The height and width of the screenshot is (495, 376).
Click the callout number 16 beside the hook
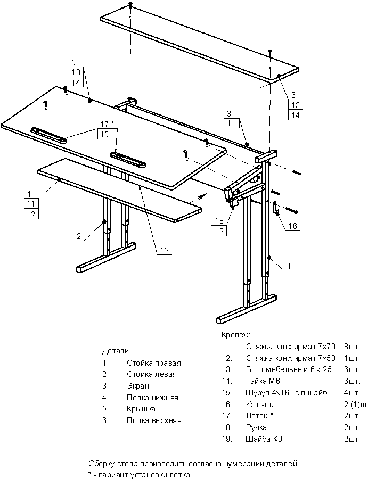[x=292, y=226]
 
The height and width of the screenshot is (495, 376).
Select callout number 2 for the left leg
[x=78, y=236]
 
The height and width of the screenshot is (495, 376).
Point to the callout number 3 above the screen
[x=229, y=113]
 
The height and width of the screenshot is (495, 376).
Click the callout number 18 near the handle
[x=218, y=220]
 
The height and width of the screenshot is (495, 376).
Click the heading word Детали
[x=116, y=351]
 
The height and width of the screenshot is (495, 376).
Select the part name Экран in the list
[x=138, y=386]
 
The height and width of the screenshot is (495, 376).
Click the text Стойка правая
[x=153, y=363]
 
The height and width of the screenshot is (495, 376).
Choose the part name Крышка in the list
[x=141, y=409]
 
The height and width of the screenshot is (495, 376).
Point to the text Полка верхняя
[x=154, y=420]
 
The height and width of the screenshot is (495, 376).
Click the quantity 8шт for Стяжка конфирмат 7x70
[x=352, y=346]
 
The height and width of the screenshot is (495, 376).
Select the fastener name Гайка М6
[x=263, y=381]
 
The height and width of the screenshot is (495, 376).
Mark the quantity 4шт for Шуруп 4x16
[x=352, y=393]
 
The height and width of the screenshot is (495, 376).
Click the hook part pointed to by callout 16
[x=276, y=208]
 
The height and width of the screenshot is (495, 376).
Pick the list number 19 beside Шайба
[x=225, y=439]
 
